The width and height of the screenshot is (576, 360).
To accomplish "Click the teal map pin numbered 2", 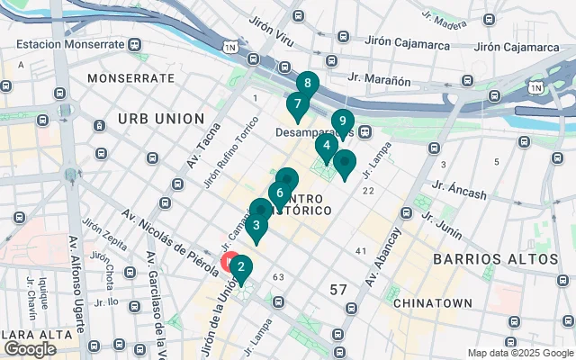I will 241,267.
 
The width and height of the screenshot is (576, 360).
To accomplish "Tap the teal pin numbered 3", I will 257,226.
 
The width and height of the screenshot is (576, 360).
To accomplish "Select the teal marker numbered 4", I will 326,146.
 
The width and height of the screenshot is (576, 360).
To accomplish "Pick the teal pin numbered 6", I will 281,193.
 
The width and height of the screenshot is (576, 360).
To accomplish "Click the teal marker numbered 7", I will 297,104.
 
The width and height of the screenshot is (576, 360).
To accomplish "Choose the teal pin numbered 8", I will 308,85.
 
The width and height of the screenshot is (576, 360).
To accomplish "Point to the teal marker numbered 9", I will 342,121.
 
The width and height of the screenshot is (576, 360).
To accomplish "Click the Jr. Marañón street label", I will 380,81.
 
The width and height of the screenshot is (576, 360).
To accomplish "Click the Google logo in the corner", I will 30,349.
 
